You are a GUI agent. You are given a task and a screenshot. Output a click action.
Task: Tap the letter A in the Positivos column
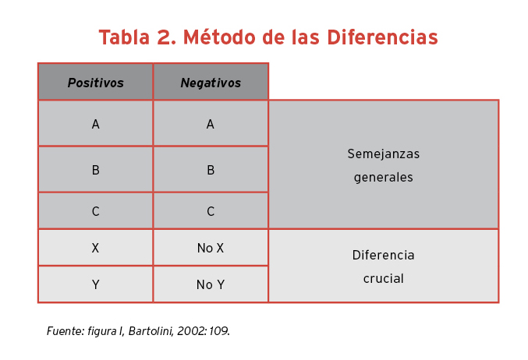click(x=96, y=124)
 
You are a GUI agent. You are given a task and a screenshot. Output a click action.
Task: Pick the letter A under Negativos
click(x=211, y=124)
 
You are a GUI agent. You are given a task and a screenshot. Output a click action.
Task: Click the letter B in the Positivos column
click(x=96, y=170)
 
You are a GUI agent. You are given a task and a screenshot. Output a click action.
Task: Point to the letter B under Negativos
click(x=211, y=170)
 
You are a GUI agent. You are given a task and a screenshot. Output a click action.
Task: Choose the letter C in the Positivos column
click(x=96, y=211)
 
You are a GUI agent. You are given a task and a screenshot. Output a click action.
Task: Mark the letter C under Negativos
click(x=211, y=211)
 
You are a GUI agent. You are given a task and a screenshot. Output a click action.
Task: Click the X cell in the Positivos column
click(x=96, y=248)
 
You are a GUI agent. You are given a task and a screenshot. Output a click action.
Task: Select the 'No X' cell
click(x=211, y=248)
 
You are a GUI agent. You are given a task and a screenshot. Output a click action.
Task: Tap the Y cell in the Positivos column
click(x=96, y=284)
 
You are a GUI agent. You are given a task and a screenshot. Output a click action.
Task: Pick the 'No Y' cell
click(x=211, y=284)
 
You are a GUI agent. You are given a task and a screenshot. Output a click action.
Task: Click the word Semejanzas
click(x=384, y=154)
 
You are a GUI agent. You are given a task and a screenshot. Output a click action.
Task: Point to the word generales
click(x=384, y=178)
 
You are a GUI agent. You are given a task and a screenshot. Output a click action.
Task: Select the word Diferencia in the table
click(x=384, y=255)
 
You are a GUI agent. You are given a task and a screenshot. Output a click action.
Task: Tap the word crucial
click(x=384, y=279)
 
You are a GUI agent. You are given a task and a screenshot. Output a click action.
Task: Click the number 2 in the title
click(x=166, y=37)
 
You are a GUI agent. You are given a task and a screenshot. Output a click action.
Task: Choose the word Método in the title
click(x=220, y=37)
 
